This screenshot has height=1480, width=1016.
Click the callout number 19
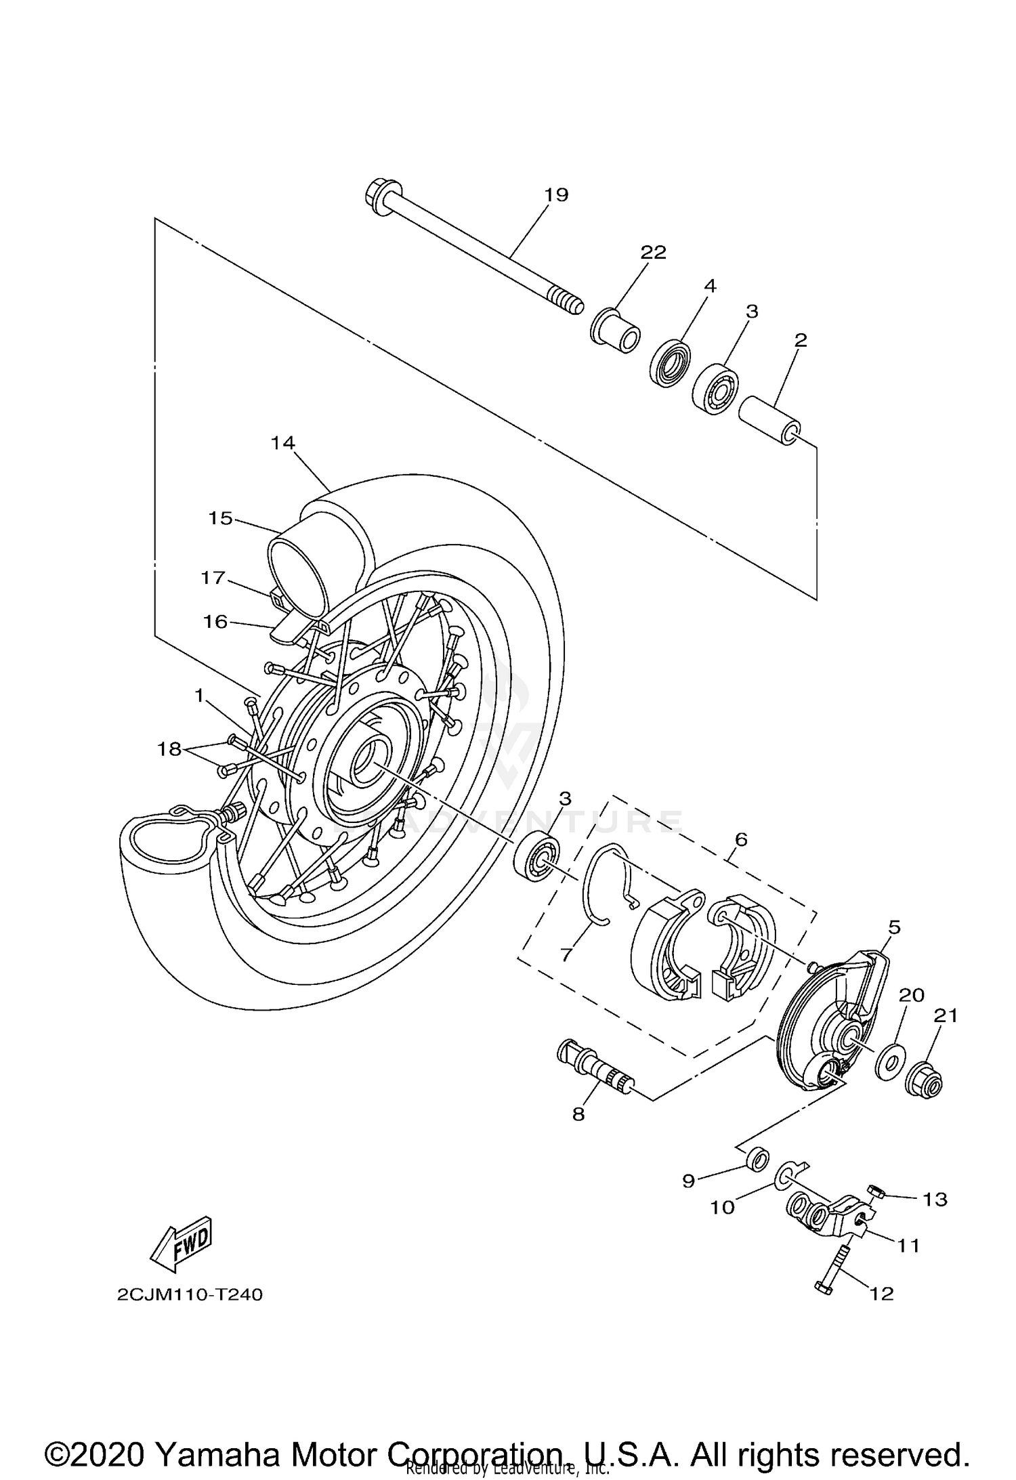(x=556, y=195)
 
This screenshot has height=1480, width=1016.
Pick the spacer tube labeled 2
(x=769, y=421)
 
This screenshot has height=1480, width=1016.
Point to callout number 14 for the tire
(x=282, y=443)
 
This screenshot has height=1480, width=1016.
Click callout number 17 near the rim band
(x=213, y=578)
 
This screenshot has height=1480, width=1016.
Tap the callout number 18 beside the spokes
(x=169, y=749)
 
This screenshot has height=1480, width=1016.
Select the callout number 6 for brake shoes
(x=741, y=839)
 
